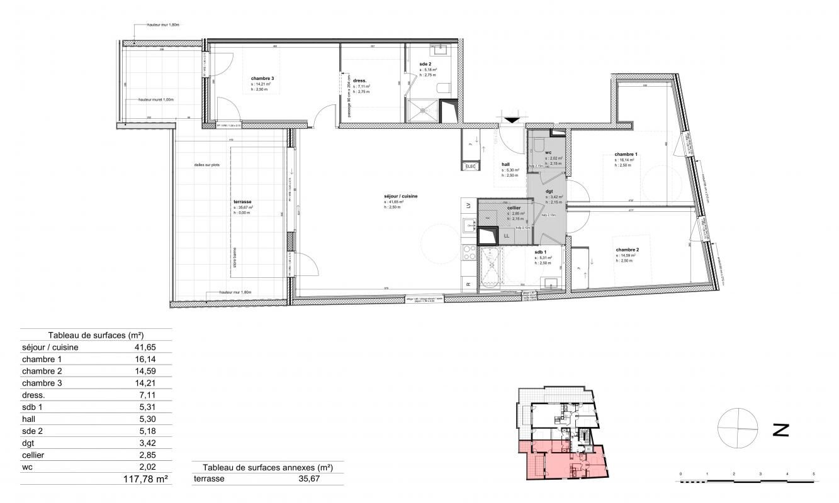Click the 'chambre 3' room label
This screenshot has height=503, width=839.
coord(262,79)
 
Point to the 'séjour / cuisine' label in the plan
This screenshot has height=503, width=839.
coord(401,197)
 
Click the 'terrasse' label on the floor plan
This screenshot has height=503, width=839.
coord(242,202)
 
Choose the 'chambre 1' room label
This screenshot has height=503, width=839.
coord(626,154)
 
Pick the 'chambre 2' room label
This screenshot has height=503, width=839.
coord(627,250)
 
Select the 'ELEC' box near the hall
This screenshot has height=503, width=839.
coord(470,166)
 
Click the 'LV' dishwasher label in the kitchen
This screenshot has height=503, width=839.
coord(468,206)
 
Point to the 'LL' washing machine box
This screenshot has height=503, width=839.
coord(507,236)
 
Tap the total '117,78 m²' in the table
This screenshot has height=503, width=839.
coord(145,479)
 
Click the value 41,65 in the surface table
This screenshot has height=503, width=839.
coord(145,346)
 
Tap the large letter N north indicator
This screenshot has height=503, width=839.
coord(780,430)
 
